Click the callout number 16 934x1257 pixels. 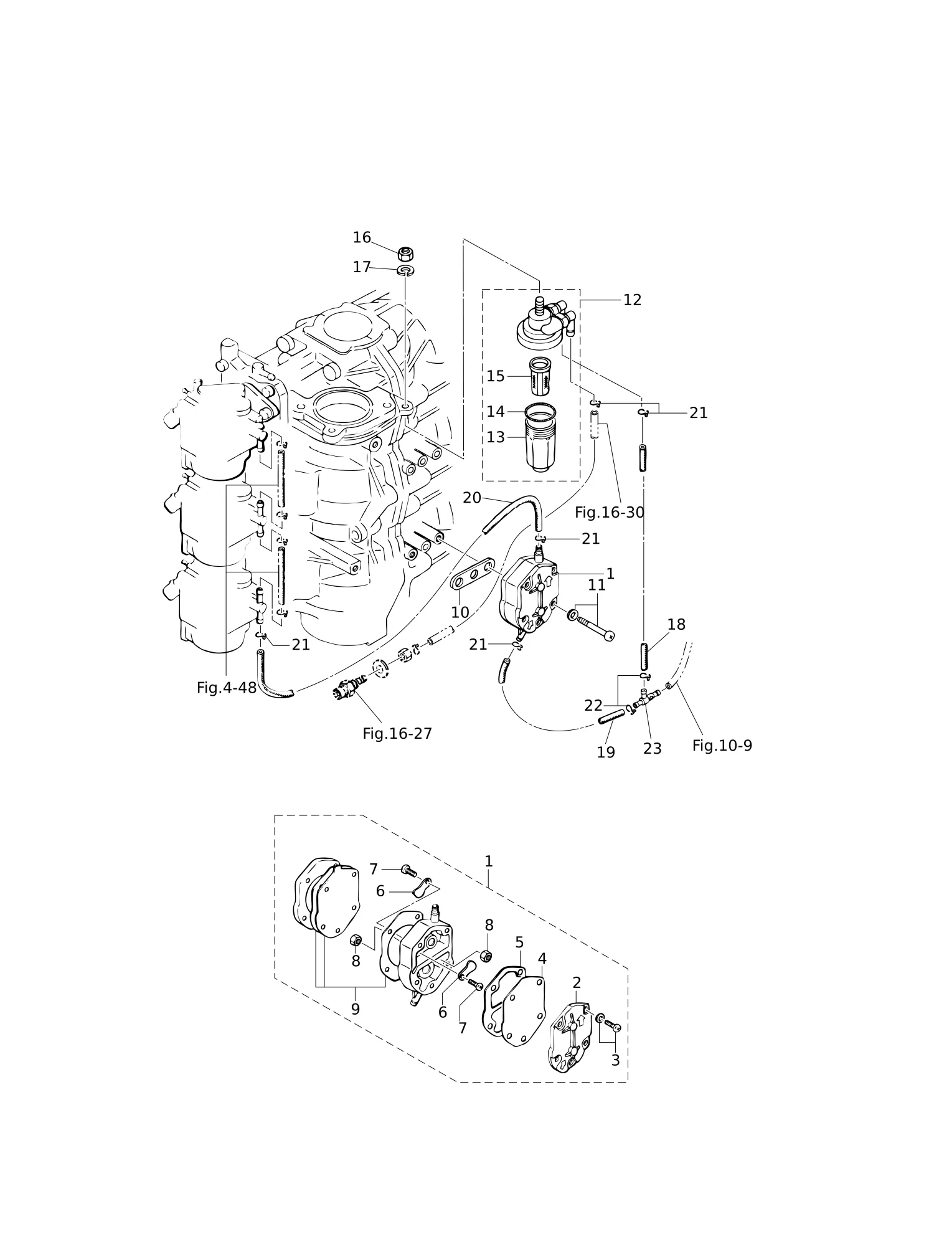(362, 237)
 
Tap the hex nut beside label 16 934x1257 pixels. (406, 254)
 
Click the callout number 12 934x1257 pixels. (632, 300)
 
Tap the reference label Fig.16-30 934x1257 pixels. (609, 513)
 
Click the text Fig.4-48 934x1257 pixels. (227, 688)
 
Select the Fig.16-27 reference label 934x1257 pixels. (397, 734)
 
